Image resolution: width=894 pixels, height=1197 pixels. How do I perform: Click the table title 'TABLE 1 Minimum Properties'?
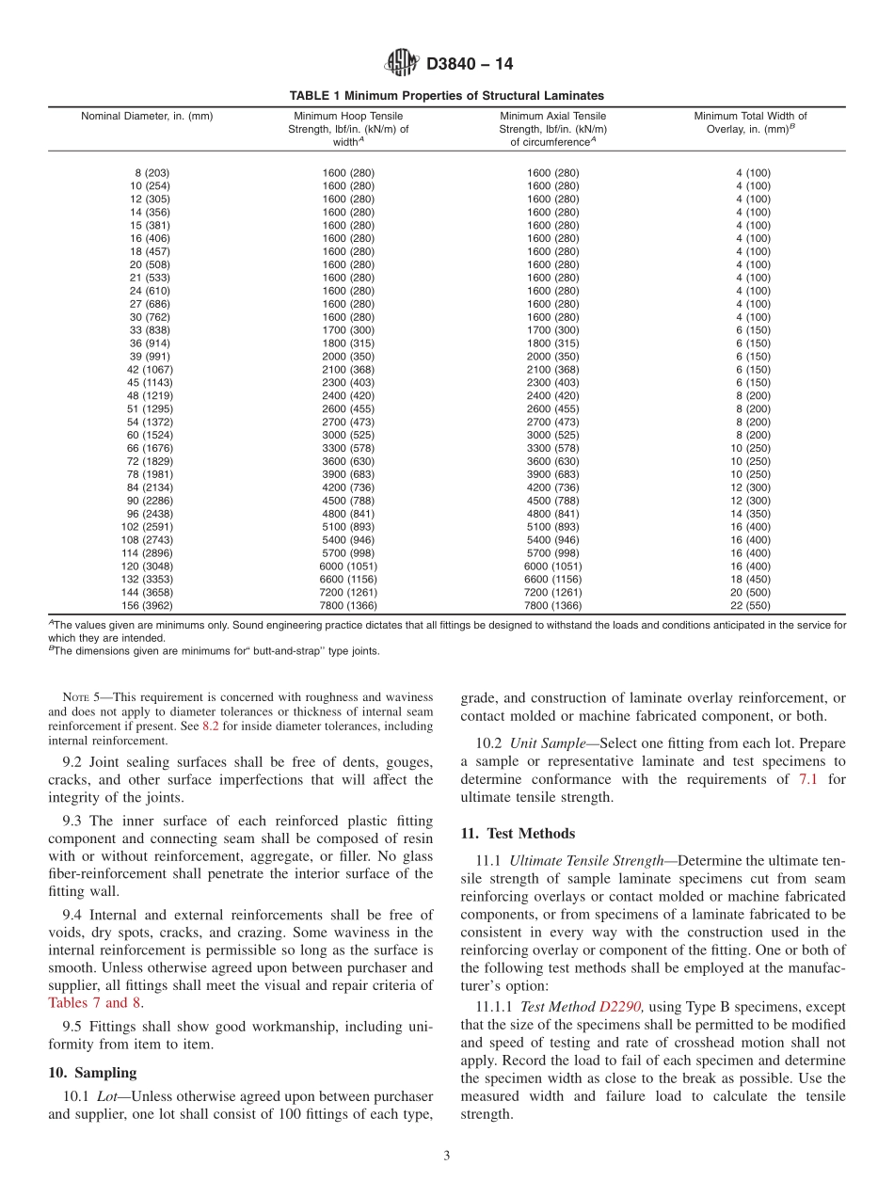446,96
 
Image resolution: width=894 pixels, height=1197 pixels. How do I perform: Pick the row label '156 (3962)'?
147,606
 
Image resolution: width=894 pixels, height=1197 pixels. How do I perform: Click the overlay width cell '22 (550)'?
751,606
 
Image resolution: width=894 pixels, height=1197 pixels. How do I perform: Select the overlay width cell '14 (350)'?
751,514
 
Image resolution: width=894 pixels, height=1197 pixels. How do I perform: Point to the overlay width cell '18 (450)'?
751,580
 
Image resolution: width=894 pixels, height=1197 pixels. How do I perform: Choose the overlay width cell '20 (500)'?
751,593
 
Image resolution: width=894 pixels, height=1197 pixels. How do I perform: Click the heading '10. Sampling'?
92,1073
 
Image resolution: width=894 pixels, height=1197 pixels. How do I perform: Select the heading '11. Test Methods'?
518,834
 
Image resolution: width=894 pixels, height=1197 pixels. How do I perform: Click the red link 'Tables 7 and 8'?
94,1002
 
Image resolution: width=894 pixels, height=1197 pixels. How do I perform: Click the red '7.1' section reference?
809,779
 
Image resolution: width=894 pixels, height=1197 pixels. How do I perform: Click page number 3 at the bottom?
446,1157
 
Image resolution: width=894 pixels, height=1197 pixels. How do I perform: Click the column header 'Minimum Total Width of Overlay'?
750,123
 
